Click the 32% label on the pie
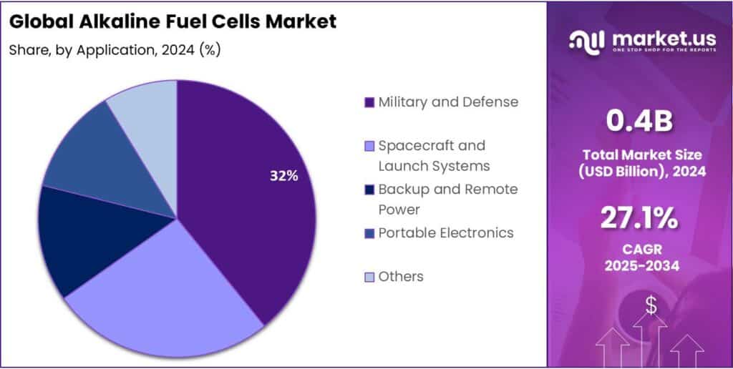(x=283, y=176)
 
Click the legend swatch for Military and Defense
(x=369, y=102)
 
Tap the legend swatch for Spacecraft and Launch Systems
(x=369, y=147)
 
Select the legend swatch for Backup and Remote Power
(x=369, y=190)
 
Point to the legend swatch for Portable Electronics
(x=369, y=233)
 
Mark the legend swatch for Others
(x=369, y=277)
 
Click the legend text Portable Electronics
(x=445, y=232)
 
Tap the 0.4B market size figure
(x=639, y=122)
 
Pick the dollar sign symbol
(x=651, y=306)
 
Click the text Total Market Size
(x=639, y=154)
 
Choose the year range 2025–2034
(x=639, y=266)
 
